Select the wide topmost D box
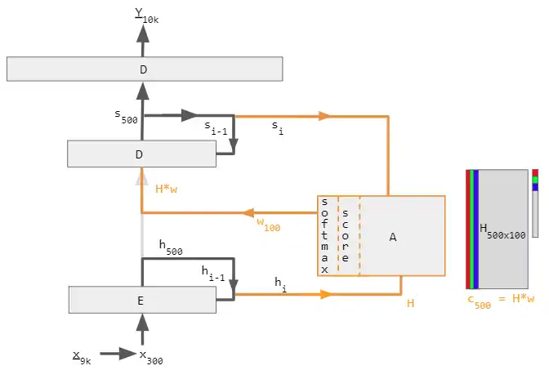click(144, 69)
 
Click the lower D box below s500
click(141, 154)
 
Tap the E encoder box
click(141, 300)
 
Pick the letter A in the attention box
click(393, 237)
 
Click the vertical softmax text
click(325, 235)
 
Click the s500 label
click(126, 115)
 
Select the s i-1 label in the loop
click(216, 127)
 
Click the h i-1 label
click(213, 274)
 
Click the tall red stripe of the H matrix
click(468, 229)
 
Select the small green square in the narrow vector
click(535, 180)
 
